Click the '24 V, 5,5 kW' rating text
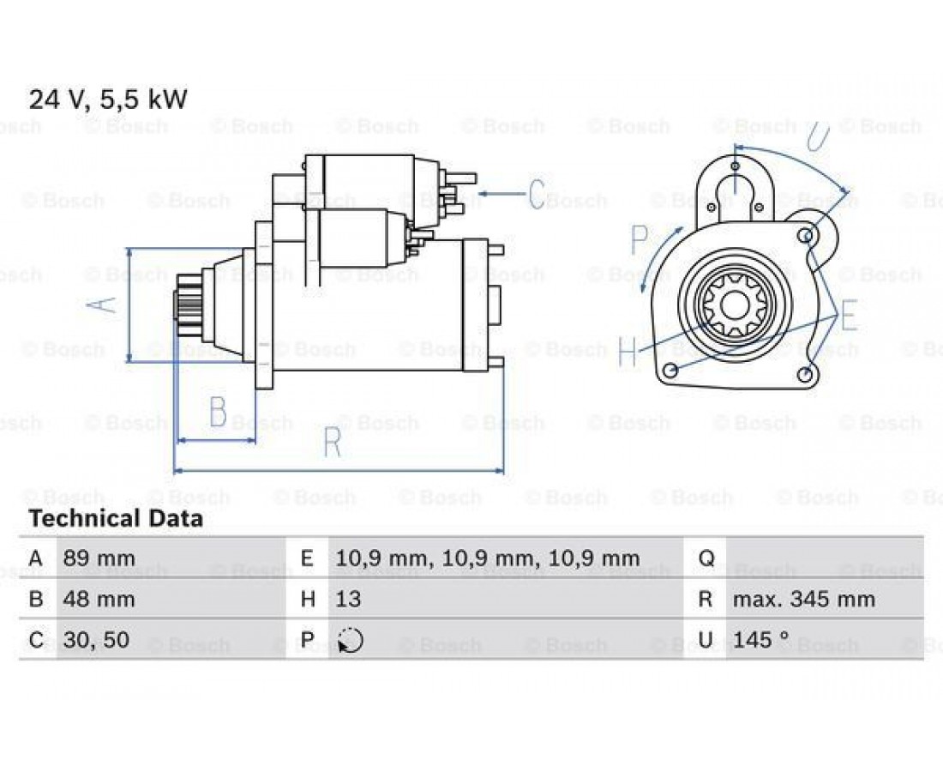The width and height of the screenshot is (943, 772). (x=108, y=100)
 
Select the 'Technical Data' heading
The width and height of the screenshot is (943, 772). (x=116, y=518)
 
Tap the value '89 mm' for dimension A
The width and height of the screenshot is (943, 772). (x=99, y=558)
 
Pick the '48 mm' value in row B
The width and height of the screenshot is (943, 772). (x=99, y=600)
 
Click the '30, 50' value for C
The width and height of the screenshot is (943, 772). (x=96, y=640)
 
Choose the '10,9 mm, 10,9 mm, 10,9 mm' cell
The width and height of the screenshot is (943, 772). (x=488, y=559)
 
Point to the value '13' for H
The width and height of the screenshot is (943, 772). (x=348, y=600)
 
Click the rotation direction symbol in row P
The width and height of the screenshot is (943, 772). (x=351, y=640)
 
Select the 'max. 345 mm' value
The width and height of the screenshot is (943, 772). (x=804, y=600)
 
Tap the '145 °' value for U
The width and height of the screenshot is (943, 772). (x=760, y=640)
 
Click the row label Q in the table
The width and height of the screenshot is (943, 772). (x=706, y=559)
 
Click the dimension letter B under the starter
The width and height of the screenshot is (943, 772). (x=218, y=412)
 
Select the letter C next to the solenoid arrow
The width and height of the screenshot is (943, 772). (x=538, y=194)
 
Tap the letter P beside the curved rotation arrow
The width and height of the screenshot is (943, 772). (x=640, y=238)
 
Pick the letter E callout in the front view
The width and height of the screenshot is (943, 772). (x=849, y=316)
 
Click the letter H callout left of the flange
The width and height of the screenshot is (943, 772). (x=628, y=352)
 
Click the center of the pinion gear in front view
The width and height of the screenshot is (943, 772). (x=733, y=305)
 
